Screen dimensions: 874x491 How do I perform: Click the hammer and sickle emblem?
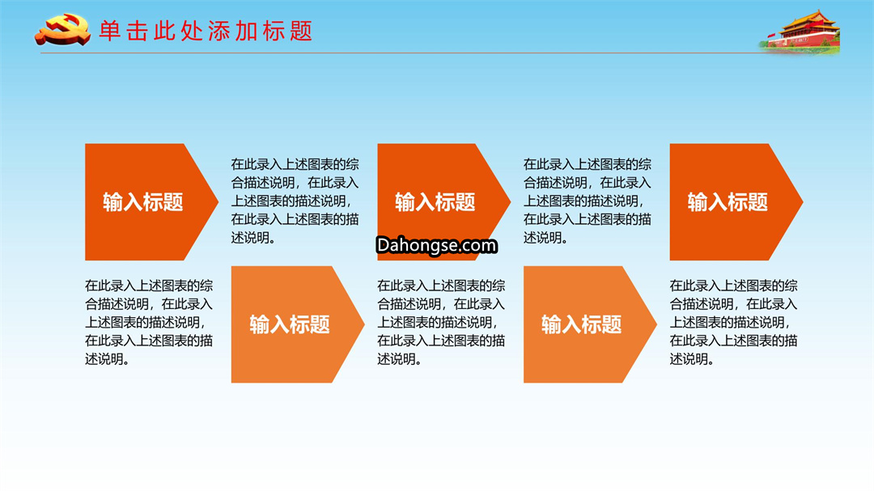(62, 30)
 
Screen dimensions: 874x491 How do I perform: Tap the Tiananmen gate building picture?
(801, 32)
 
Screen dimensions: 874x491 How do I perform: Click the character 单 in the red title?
(110, 32)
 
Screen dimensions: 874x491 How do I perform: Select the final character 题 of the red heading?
(301, 32)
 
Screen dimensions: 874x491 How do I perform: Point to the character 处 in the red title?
(192, 32)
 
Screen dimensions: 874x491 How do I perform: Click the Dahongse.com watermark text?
(436, 245)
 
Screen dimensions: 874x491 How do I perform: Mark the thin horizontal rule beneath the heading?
(401, 53)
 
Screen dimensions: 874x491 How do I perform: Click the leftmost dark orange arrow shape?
(151, 201)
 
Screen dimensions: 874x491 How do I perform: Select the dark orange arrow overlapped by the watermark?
(444, 201)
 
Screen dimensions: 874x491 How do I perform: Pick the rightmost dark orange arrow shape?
(736, 201)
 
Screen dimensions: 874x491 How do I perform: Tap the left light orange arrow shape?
(298, 324)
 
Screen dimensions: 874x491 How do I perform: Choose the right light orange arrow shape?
(590, 324)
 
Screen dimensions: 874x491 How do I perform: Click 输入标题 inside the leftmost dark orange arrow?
(143, 201)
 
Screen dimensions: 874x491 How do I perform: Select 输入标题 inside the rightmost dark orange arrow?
(728, 201)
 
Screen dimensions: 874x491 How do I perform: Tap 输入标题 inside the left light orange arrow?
(290, 324)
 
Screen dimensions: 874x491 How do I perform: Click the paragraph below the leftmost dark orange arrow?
(149, 322)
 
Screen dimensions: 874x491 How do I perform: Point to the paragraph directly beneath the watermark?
(442, 322)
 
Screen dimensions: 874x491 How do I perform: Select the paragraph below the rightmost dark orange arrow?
(733, 322)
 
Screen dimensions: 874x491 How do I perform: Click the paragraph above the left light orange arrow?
(295, 201)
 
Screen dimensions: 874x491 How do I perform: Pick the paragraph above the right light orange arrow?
(588, 201)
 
